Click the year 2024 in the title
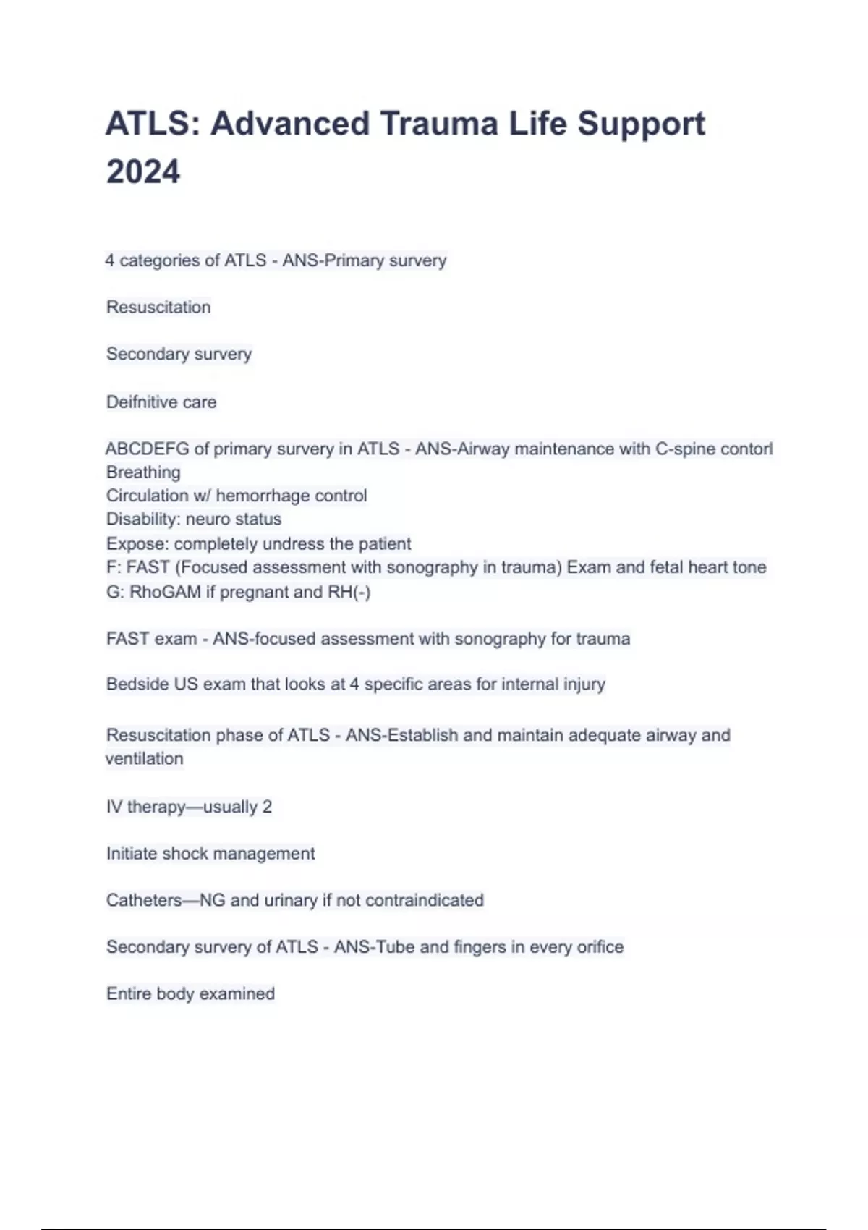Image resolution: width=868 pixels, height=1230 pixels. (143, 172)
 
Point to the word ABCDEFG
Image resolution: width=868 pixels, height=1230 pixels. (147, 449)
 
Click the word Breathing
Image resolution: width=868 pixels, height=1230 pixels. (143, 472)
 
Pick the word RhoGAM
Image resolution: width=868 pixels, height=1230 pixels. (165, 592)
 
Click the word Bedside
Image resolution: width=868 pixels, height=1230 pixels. (137, 684)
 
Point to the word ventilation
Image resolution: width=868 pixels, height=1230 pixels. (145, 759)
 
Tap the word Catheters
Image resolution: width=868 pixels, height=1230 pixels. (144, 901)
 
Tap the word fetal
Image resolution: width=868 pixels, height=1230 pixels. (665, 567)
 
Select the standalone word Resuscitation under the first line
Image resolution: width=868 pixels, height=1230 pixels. (158, 307)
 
